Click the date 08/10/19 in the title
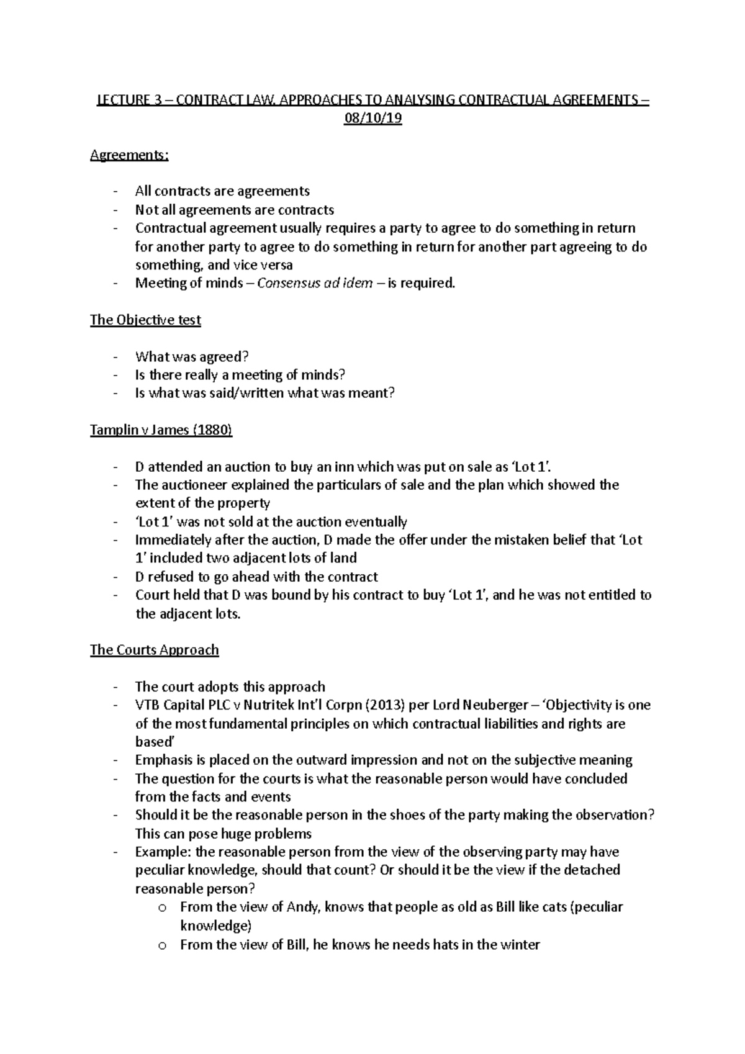pos(372,119)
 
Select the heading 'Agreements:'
pos(129,155)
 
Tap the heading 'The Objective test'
pos(145,320)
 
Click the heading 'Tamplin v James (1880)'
pos(161,430)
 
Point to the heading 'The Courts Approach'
pos(154,650)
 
